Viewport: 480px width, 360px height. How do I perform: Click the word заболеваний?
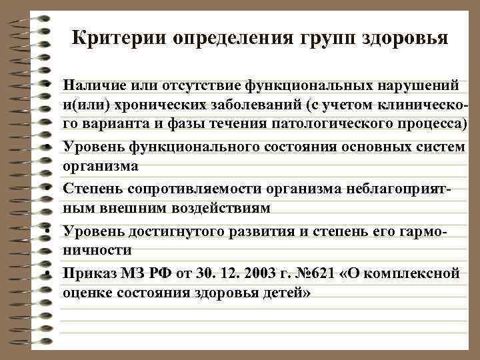pos(251,106)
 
